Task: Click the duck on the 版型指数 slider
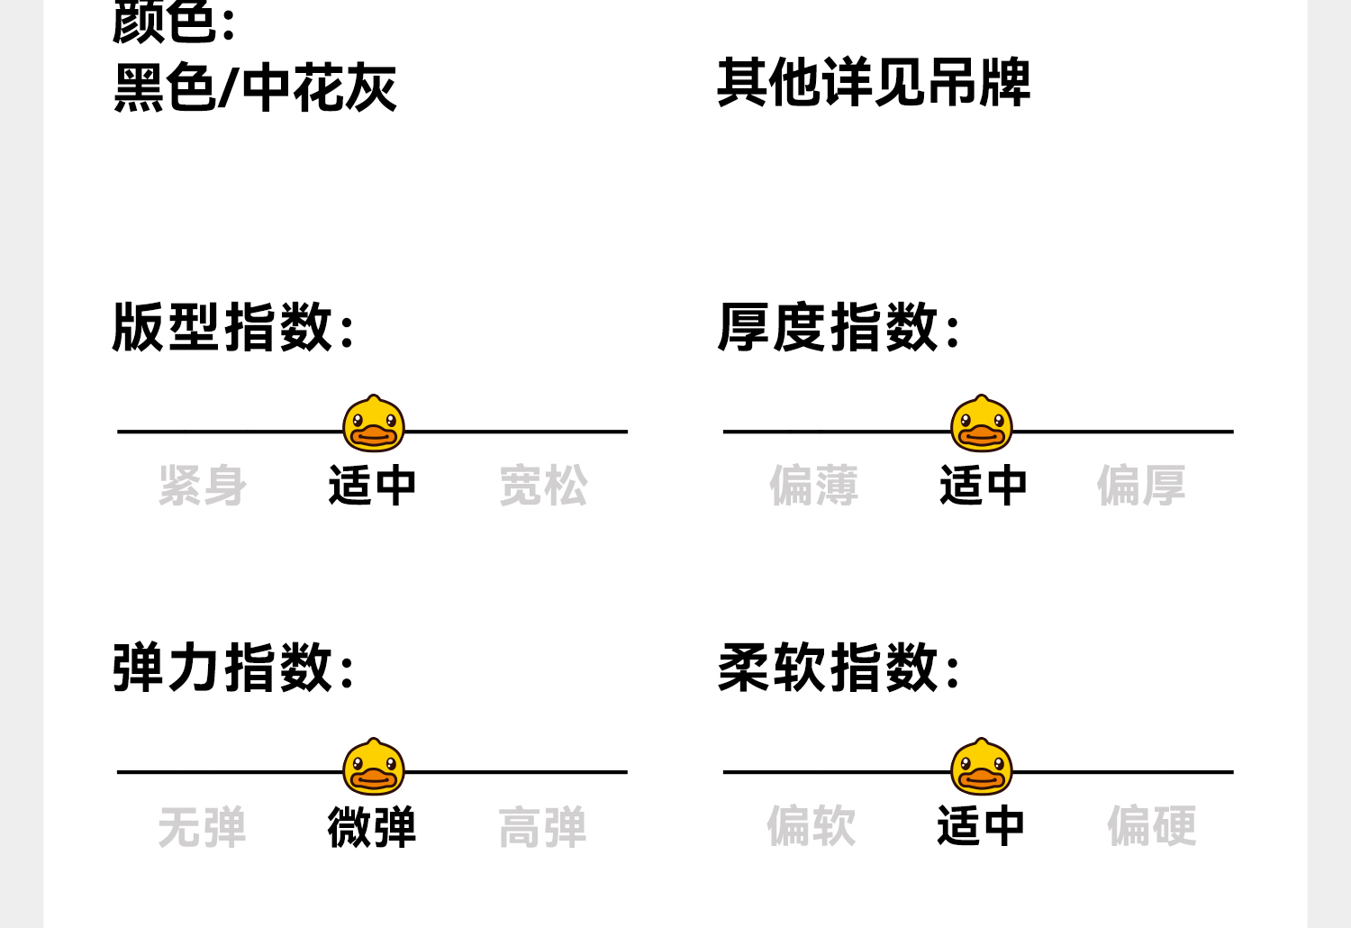point(374,423)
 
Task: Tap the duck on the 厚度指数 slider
point(982,423)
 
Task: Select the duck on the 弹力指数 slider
point(374,767)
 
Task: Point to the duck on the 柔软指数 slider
point(982,767)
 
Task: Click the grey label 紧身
point(202,486)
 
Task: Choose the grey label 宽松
point(543,486)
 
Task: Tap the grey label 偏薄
point(813,486)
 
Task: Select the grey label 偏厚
point(1140,486)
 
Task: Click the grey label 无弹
point(202,827)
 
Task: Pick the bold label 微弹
point(372,827)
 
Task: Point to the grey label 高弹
point(542,827)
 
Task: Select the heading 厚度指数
point(839,326)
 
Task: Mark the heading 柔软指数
point(839,668)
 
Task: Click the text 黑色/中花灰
point(255,88)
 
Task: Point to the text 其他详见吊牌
point(873,83)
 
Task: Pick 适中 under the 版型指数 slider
point(372,486)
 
